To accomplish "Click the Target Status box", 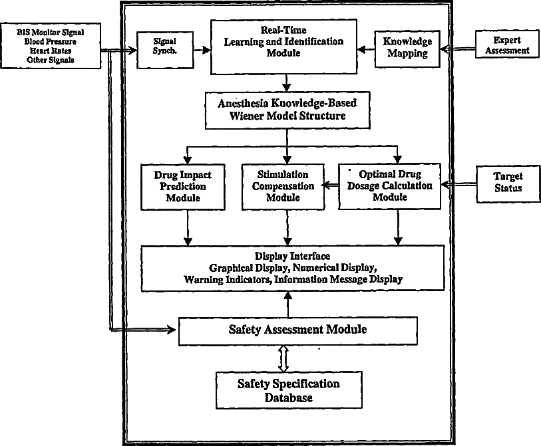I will [x=508, y=182].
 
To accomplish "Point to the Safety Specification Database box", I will [x=288, y=390].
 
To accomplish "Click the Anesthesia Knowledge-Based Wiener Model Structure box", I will [x=287, y=110].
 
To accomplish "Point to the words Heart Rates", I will [x=51, y=51].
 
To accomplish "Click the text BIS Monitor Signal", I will [x=51, y=31].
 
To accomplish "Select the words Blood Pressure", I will [x=51, y=41].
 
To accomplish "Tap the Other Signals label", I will [x=51, y=60].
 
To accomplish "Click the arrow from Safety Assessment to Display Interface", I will [x=287, y=305].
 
